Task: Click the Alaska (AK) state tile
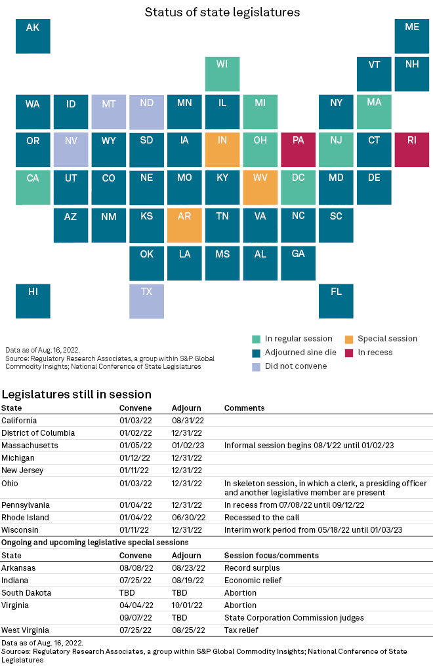click(x=33, y=36)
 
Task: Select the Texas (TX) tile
click(x=146, y=301)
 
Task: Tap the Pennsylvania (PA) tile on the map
click(x=299, y=149)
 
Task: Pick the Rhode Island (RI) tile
click(x=412, y=149)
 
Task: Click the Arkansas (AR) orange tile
click(x=184, y=225)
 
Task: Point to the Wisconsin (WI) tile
click(x=222, y=73)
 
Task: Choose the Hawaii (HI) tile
click(x=33, y=301)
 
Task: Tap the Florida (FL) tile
click(x=336, y=301)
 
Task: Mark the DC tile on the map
click(x=299, y=187)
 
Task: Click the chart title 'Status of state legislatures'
click(x=222, y=12)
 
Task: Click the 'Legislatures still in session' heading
click(x=77, y=394)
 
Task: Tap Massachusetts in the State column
click(x=30, y=446)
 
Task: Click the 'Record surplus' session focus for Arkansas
click(x=252, y=568)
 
